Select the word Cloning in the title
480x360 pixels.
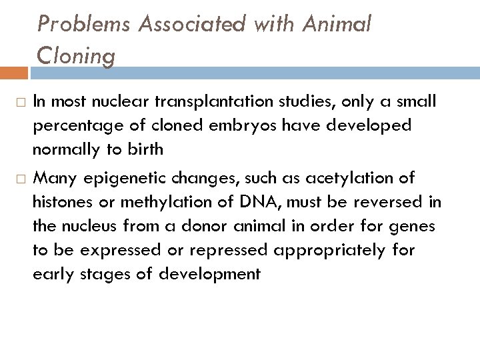click(x=77, y=56)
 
